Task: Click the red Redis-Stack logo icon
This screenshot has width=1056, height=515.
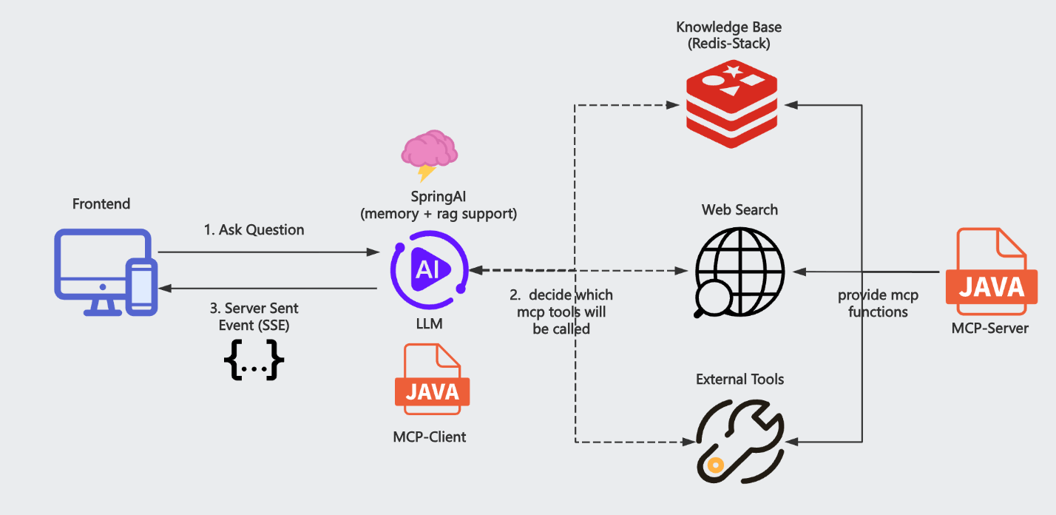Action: coord(732,105)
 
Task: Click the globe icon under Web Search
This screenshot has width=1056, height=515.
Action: coord(739,271)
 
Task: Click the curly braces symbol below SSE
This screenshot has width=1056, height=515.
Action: coord(254,361)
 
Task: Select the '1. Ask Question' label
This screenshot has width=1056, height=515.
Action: coord(254,230)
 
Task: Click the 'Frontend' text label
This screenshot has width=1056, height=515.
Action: coord(101,203)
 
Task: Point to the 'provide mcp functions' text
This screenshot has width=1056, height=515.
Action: coord(878,303)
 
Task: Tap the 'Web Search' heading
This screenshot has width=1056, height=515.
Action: coord(739,210)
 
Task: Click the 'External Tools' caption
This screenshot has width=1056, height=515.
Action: coord(739,380)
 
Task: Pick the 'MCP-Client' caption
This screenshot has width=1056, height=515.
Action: coord(430,437)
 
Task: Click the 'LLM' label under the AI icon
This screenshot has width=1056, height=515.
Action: coord(430,323)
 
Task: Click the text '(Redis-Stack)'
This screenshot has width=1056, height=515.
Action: coord(729,44)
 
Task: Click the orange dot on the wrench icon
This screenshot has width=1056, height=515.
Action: coord(714,465)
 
